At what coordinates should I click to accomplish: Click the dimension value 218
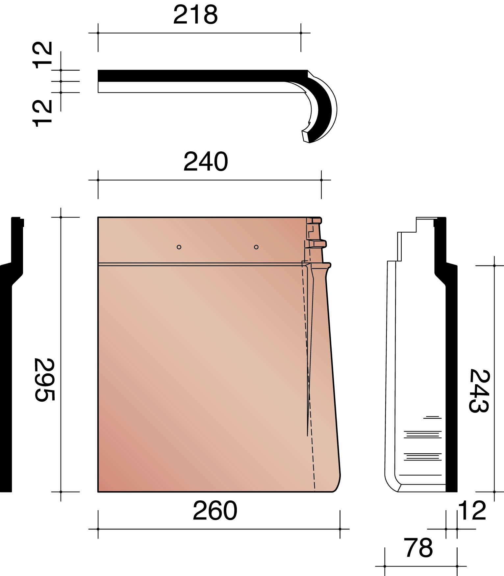tap(195, 15)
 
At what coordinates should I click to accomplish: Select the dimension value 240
tap(206, 162)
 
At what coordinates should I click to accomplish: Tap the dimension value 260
tap(215, 511)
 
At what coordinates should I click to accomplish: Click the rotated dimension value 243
tap(479, 390)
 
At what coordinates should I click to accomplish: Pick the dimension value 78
tap(418, 548)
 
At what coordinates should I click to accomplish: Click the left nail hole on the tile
tap(179, 247)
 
